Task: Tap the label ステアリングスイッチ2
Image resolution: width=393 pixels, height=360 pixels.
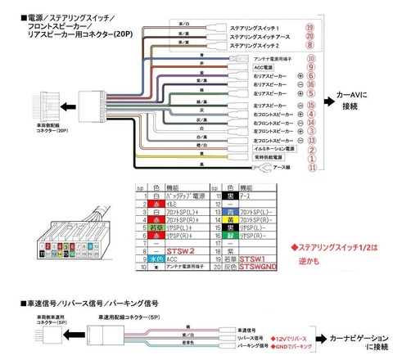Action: click(x=255, y=47)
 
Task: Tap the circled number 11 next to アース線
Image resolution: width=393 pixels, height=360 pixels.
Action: click(x=312, y=169)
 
